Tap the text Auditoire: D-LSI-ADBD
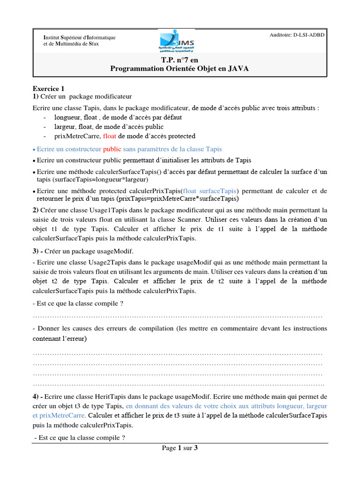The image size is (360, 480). [x=297, y=35]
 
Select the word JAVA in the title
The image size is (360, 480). [x=239, y=68]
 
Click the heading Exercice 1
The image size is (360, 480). [x=48, y=89]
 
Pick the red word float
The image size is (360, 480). [x=108, y=136]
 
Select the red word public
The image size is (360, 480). [x=112, y=149]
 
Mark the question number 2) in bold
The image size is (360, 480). [x=36, y=210]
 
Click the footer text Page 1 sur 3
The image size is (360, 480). [x=180, y=448]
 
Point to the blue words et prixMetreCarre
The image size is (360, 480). [x=59, y=415]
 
